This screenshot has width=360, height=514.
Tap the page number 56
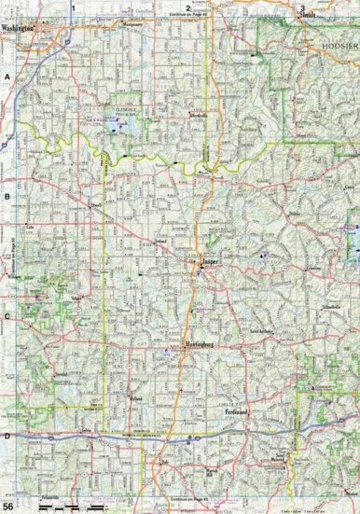coord(7,506)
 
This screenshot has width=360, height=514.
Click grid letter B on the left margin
coord(6,198)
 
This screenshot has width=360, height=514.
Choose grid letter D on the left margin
coord(6,436)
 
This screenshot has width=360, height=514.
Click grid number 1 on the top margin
coord(73,7)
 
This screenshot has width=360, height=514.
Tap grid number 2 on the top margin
coord(187,7)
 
